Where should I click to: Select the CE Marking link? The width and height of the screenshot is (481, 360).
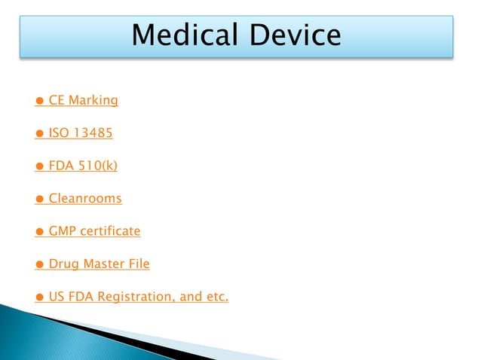(83, 99)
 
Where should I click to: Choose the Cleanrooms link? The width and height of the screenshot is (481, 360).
(85, 199)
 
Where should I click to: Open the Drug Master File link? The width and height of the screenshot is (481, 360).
(99, 264)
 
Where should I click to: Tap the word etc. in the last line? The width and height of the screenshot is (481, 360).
(216, 297)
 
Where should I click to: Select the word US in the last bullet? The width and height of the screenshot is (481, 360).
(57, 297)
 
